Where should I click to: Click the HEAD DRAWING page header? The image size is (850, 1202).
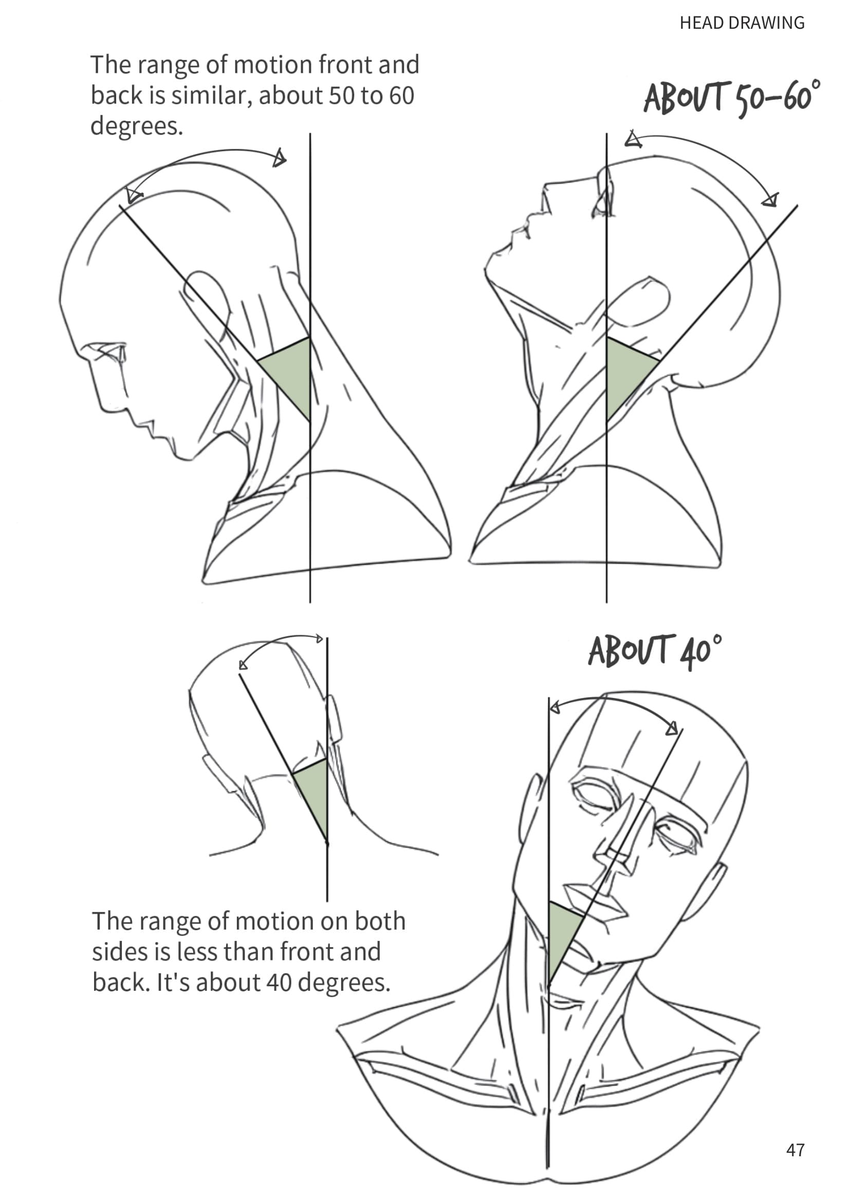(x=742, y=23)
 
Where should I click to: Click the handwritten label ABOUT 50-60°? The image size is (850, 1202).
(x=732, y=98)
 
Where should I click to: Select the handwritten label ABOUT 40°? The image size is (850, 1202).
(x=655, y=652)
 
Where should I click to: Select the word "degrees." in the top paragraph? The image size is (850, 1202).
(x=137, y=126)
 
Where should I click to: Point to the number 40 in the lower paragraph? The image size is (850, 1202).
(x=279, y=982)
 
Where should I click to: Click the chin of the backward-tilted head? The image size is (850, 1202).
(x=494, y=264)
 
